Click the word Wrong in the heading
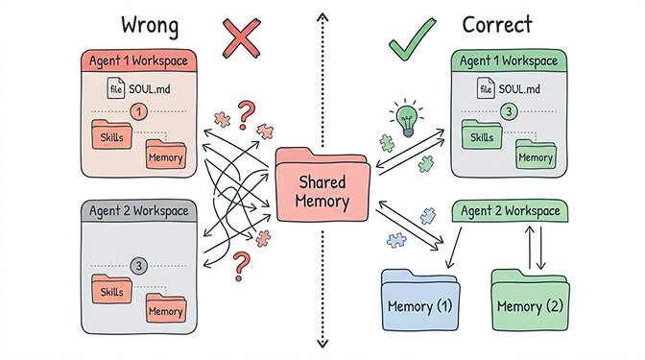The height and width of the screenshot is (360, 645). pos(149,25)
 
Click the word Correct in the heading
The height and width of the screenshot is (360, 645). pos(498,25)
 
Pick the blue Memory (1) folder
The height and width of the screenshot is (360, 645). pos(421,304)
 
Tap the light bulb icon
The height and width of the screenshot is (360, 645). pos(405,121)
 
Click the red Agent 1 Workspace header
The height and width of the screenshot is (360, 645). pos(141,60)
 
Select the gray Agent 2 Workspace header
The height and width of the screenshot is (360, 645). pos(141,209)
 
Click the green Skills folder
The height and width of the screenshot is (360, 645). pos(482,135)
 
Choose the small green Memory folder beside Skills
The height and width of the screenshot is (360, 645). pos(535,155)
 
